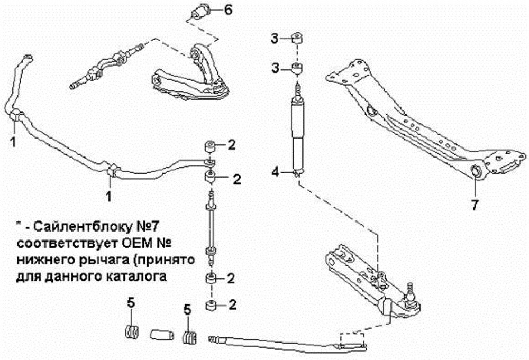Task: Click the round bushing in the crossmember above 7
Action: point(475,171)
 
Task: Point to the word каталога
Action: point(138,276)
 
